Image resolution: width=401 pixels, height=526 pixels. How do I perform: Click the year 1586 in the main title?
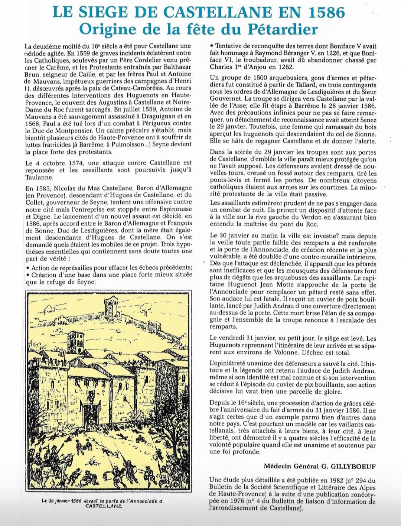pos(324,13)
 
